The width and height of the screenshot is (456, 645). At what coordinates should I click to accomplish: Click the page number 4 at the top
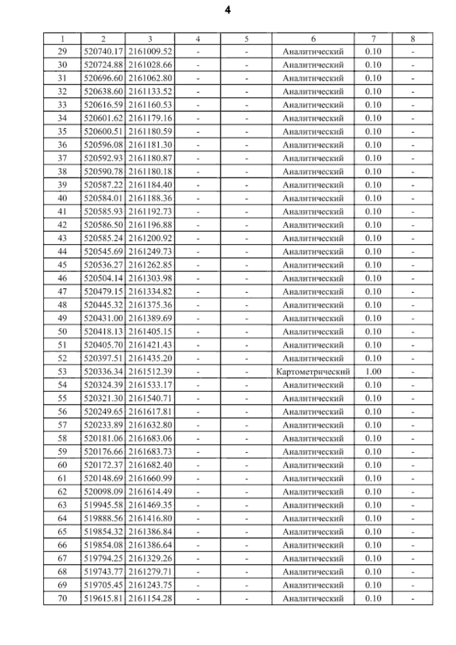(228, 11)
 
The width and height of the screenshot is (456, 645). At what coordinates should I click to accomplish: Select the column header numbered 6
(313, 39)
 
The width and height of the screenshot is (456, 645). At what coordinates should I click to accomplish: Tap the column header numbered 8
(413, 39)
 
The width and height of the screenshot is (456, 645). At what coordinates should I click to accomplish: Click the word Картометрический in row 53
(313, 372)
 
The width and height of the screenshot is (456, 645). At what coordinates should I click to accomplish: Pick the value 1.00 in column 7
(373, 372)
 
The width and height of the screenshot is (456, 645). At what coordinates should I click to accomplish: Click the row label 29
(62, 52)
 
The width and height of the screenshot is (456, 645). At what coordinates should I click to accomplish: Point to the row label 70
(62, 599)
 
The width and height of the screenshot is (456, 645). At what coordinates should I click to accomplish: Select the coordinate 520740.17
(103, 52)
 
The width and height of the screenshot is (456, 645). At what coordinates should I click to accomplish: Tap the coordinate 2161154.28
(150, 599)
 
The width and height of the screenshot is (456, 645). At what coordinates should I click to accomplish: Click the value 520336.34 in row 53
(103, 372)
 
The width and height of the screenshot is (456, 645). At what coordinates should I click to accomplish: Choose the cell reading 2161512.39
(150, 372)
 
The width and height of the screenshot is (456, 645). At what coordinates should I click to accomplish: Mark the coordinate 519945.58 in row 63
(103, 505)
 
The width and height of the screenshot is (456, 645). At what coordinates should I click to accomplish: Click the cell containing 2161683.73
(150, 452)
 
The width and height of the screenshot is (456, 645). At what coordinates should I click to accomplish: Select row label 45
(62, 265)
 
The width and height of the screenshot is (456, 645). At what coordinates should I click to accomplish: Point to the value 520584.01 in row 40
(103, 198)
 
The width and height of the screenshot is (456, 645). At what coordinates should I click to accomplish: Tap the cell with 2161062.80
(150, 78)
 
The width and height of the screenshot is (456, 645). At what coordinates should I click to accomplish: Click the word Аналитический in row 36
(313, 145)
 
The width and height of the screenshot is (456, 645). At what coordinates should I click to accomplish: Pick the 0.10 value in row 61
(373, 479)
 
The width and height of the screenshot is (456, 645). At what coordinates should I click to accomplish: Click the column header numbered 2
(103, 39)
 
